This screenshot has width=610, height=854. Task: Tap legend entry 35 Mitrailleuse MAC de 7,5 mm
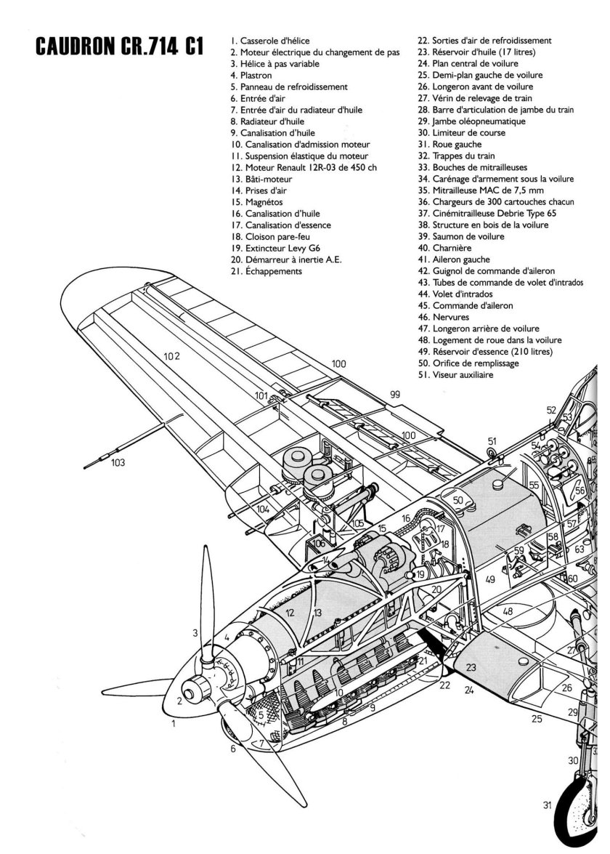484,190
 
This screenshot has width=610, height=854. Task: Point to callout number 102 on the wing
171,356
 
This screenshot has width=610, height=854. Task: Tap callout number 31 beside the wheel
547,805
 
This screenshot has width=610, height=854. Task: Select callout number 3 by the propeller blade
195,633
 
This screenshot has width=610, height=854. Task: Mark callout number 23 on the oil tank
471,667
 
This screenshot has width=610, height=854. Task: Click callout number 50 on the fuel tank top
458,500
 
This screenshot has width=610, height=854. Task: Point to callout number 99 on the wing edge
395,394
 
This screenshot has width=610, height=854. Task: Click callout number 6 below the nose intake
233,748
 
